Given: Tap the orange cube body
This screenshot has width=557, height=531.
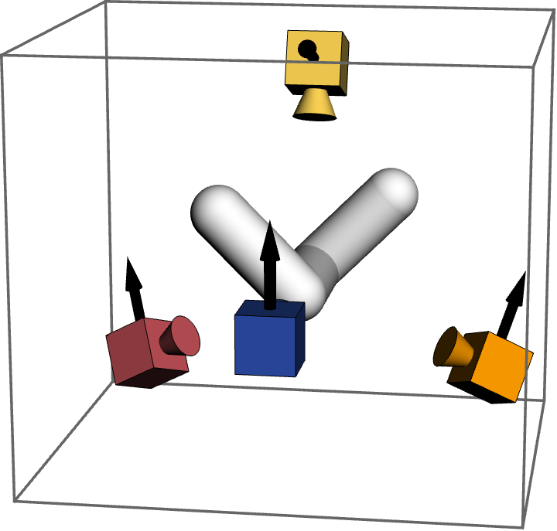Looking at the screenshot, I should click(x=501, y=365).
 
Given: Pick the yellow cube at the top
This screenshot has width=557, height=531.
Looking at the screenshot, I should click(x=313, y=57).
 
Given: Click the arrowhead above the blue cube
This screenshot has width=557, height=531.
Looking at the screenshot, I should click(x=269, y=240).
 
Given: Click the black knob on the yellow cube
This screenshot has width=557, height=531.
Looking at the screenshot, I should click(x=307, y=49).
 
